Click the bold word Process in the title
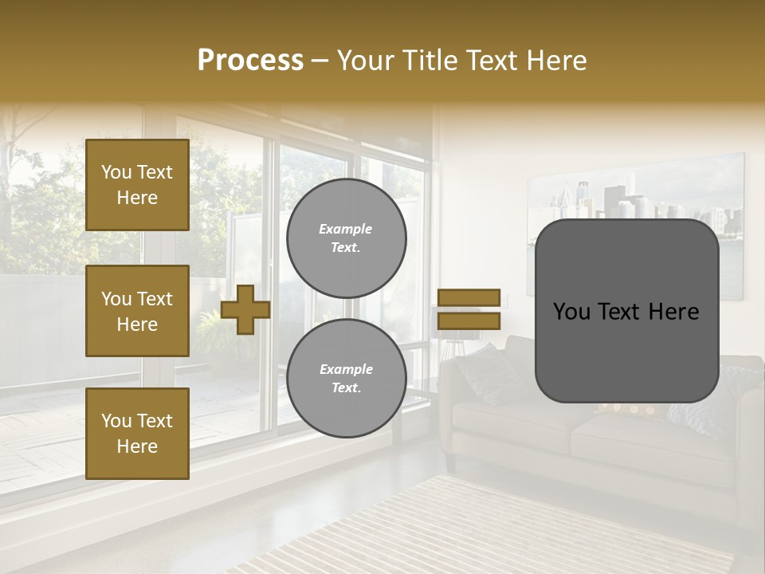[250, 61]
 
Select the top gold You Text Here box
[137, 185]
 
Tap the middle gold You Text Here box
[137, 311]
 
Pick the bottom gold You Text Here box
[137, 434]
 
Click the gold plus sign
[245, 309]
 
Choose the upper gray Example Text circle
[346, 238]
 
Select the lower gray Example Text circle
[346, 378]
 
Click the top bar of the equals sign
[469, 298]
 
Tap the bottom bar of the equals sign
[469, 320]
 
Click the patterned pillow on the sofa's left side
[488, 373]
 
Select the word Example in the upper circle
[345, 229]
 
